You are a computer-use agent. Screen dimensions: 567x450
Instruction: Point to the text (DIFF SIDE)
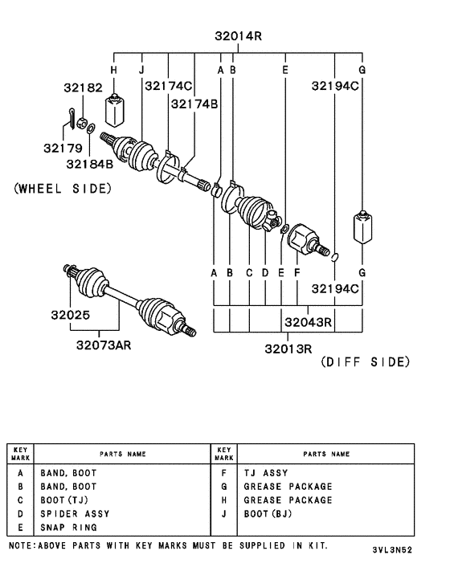(x=365, y=362)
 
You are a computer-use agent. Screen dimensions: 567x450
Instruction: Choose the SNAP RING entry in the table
(x=68, y=527)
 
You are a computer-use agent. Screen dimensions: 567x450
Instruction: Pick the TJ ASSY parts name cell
(x=265, y=473)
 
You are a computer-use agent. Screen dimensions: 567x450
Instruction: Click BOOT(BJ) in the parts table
(x=268, y=513)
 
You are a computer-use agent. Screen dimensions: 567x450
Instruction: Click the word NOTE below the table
(x=22, y=545)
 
